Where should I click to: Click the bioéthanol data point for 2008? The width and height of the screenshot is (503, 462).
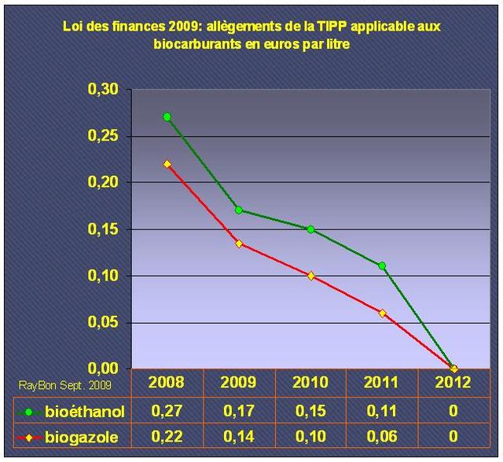(x=167, y=117)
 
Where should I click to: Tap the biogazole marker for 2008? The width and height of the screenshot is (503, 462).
(x=167, y=164)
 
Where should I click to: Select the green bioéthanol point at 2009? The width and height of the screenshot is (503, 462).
(x=239, y=210)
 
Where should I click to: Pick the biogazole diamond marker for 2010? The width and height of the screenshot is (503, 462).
(x=310, y=276)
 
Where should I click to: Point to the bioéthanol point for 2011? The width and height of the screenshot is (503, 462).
(x=382, y=266)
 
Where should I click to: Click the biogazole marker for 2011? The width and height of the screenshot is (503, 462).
(x=382, y=313)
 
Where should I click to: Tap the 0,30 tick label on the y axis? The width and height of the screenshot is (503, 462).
(x=103, y=90)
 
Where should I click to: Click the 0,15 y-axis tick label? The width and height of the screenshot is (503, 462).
(x=103, y=229)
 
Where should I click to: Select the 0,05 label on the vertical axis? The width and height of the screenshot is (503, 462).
(x=103, y=322)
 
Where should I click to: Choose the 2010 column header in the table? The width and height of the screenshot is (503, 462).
(x=310, y=383)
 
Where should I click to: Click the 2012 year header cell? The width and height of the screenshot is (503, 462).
(x=453, y=383)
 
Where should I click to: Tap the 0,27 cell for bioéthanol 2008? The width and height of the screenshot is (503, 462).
(x=167, y=411)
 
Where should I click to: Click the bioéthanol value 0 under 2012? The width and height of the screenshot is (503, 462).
(x=453, y=411)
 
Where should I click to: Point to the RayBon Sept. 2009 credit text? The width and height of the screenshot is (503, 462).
(x=64, y=384)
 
